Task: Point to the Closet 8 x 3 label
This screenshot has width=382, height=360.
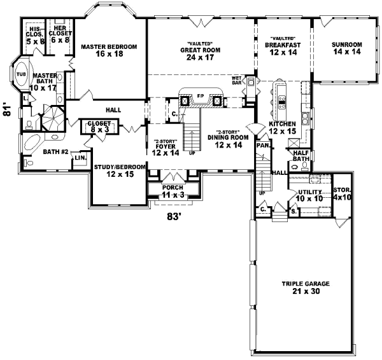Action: [x=99, y=127]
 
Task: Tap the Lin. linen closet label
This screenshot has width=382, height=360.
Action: [x=80, y=157]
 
